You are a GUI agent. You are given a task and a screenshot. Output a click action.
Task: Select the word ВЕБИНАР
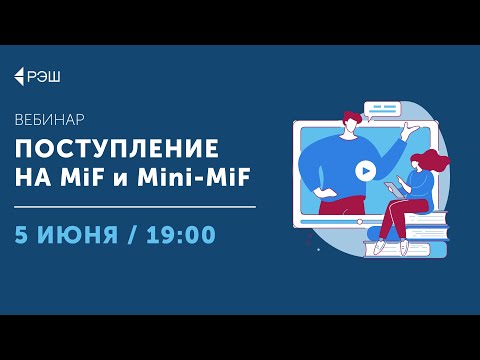click(49, 119)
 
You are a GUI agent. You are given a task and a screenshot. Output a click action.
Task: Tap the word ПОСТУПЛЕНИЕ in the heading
click(116, 149)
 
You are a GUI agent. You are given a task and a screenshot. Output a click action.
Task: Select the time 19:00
click(180, 235)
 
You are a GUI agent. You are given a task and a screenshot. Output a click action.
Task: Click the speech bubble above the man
click(382, 108)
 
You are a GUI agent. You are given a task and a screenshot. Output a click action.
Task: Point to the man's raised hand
click(409, 129)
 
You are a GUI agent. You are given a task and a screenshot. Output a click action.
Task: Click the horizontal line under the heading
click(134, 207)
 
